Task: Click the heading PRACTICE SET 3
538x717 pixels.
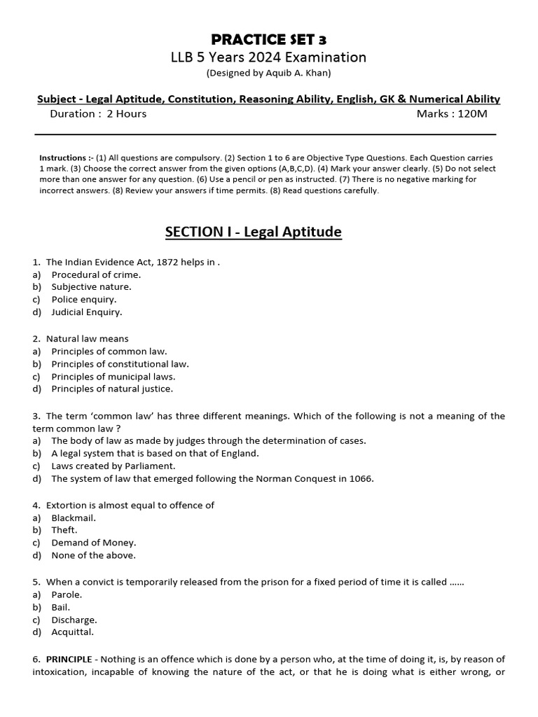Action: (270, 39)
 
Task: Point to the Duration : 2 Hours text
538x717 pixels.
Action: (98, 113)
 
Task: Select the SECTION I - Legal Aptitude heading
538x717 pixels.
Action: (253, 231)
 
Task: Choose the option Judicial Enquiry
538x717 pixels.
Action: (86, 312)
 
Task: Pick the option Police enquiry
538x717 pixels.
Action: (83, 300)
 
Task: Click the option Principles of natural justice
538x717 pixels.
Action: (111, 389)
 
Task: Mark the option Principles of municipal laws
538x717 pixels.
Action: (113, 376)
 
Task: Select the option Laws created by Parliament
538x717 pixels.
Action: (113, 466)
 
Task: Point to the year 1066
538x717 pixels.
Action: (362, 479)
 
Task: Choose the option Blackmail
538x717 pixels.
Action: (74, 517)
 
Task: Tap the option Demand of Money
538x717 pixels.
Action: (93, 543)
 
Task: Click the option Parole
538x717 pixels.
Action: (67, 594)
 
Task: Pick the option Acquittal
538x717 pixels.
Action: (72, 632)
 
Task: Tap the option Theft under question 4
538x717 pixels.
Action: (64, 530)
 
